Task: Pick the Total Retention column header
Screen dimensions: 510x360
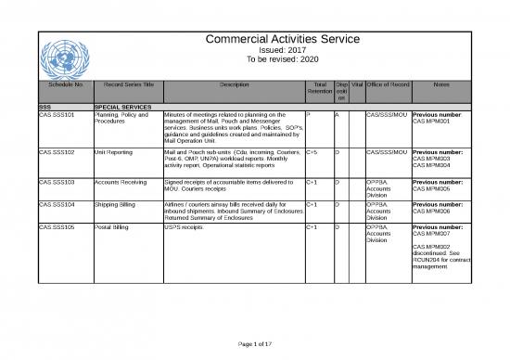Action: tap(318, 90)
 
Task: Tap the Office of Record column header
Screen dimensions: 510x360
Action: tap(389, 85)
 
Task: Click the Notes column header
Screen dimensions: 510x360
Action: tap(441, 85)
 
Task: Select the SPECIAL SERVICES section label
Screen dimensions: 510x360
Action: tap(124, 108)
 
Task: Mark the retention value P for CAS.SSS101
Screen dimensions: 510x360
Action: tap(308, 115)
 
